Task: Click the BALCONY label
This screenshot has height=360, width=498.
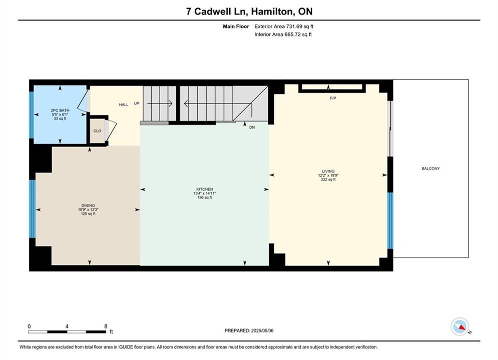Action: tap(430, 168)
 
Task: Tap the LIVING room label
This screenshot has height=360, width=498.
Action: tap(328, 171)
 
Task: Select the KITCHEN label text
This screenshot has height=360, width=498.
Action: tap(205, 189)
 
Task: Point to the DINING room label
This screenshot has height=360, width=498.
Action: tap(88, 205)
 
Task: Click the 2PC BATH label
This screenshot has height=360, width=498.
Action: tap(60, 110)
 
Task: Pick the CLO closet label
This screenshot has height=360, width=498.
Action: tap(97, 130)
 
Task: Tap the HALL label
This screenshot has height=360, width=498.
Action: tap(124, 104)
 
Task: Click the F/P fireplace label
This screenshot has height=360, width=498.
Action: tap(333, 98)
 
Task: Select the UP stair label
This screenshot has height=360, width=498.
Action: tap(137, 103)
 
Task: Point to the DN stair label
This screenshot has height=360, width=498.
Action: tap(252, 127)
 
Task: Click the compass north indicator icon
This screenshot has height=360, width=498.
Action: tap(460, 326)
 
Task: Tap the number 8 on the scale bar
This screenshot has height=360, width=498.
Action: tap(106, 326)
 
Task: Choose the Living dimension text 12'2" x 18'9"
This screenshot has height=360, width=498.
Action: tap(328, 175)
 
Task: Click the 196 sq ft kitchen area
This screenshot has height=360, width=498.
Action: tap(205, 197)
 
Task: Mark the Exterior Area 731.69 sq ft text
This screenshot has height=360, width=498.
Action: tap(284, 26)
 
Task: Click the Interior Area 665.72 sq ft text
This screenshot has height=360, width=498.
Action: tap(283, 34)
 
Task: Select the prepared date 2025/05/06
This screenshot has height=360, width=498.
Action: tap(262, 330)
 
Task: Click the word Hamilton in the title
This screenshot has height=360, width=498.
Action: tap(272, 11)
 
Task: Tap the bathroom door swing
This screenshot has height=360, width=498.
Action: tap(83, 100)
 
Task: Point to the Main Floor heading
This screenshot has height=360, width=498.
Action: tap(236, 26)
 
